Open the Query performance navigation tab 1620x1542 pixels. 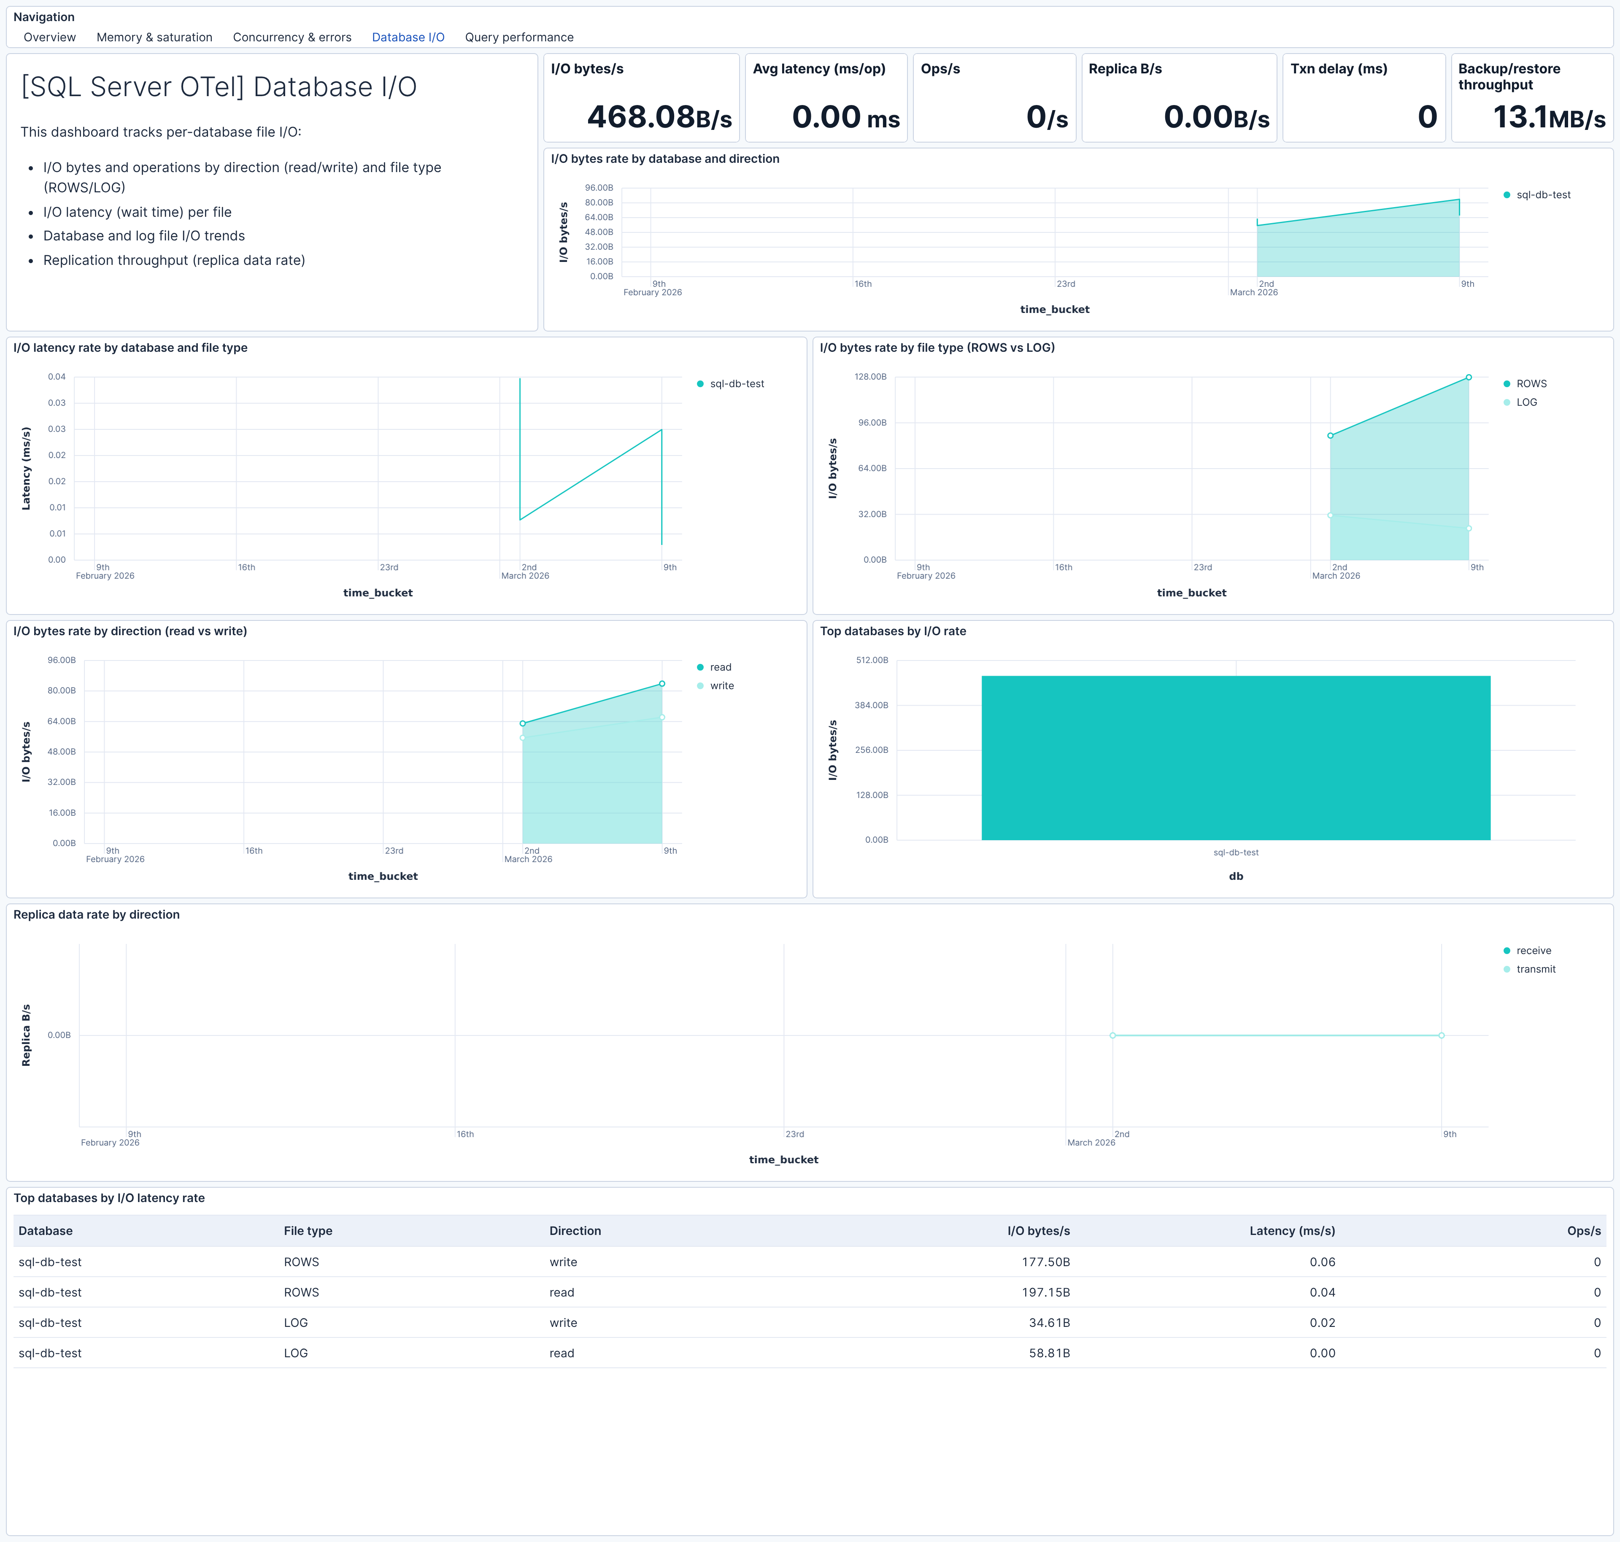[x=519, y=37]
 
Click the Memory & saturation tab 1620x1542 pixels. [x=154, y=37]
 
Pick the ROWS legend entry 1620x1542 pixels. [x=1531, y=384]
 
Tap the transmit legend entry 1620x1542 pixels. [x=1535, y=969]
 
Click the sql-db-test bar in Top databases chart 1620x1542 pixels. [x=1235, y=758]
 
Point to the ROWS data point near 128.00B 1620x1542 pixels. [x=1469, y=377]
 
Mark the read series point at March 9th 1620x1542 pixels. [x=662, y=684]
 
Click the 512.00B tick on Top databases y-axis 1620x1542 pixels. [x=872, y=660]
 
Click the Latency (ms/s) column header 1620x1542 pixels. [x=1292, y=1230]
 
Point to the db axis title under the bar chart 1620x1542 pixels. [x=1235, y=876]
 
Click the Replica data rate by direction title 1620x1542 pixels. [x=96, y=915]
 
